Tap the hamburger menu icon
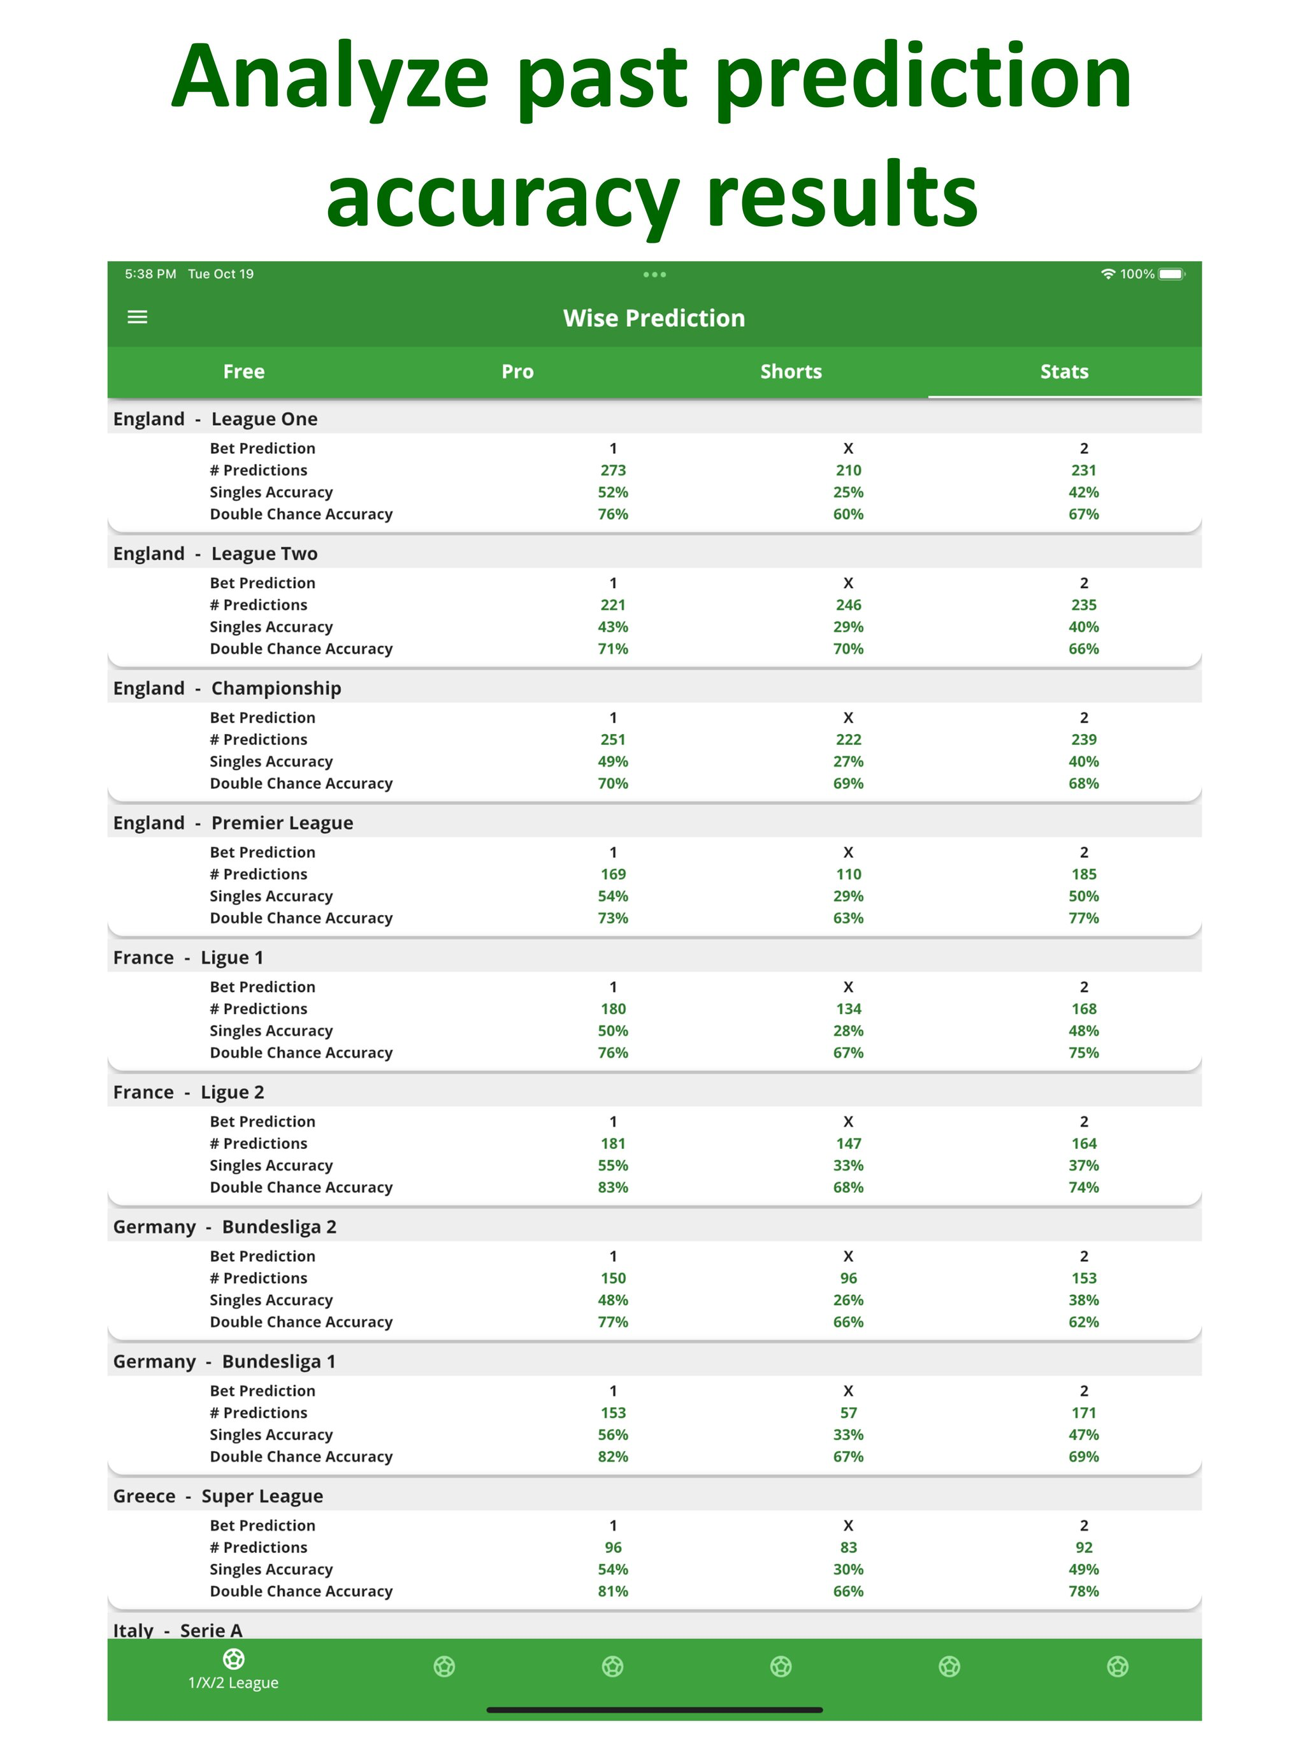pos(138,317)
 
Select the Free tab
pos(243,372)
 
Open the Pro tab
pos(517,372)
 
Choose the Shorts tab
pos(790,372)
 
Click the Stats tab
pos(1064,372)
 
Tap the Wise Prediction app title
pos(653,318)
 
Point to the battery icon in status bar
pos(1171,274)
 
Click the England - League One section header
pos(215,419)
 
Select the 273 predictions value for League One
pos(613,470)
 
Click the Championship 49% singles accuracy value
pos(613,761)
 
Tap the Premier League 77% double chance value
pos(1083,918)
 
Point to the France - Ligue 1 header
pos(188,957)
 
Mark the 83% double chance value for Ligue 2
pos(613,1187)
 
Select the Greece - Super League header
pos(218,1496)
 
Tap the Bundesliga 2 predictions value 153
pos(1083,1278)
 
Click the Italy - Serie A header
pos(178,1629)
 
